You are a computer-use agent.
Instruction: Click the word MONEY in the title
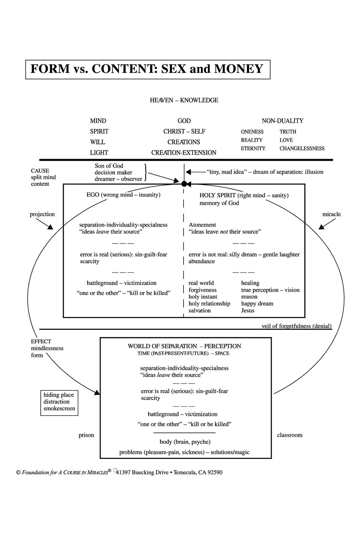(239, 69)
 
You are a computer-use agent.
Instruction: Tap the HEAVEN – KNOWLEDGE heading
(184, 100)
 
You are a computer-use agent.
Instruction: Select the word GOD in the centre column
(184, 121)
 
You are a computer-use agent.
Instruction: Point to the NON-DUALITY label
(282, 121)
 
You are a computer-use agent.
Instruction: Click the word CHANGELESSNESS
(302, 149)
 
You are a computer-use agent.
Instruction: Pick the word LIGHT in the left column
(99, 153)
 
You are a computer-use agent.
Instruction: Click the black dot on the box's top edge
(184, 184)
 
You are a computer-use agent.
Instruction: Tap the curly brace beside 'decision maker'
(145, 172)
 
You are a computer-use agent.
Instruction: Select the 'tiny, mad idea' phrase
(225, 172)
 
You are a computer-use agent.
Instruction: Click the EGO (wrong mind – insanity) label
(123, 194)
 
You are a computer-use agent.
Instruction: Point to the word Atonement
(202, 225)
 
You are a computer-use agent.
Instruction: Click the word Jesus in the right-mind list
(248, 310)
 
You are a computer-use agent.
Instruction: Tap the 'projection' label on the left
(42, 214)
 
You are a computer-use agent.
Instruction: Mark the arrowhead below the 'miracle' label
(321, 227)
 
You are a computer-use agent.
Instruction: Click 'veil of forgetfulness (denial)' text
(297, 326)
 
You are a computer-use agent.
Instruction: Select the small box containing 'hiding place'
(59, 403)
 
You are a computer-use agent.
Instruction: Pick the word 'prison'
(86, 435)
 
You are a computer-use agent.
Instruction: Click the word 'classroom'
(289, 435)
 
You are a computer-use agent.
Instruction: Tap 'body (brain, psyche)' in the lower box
(185, 442)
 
